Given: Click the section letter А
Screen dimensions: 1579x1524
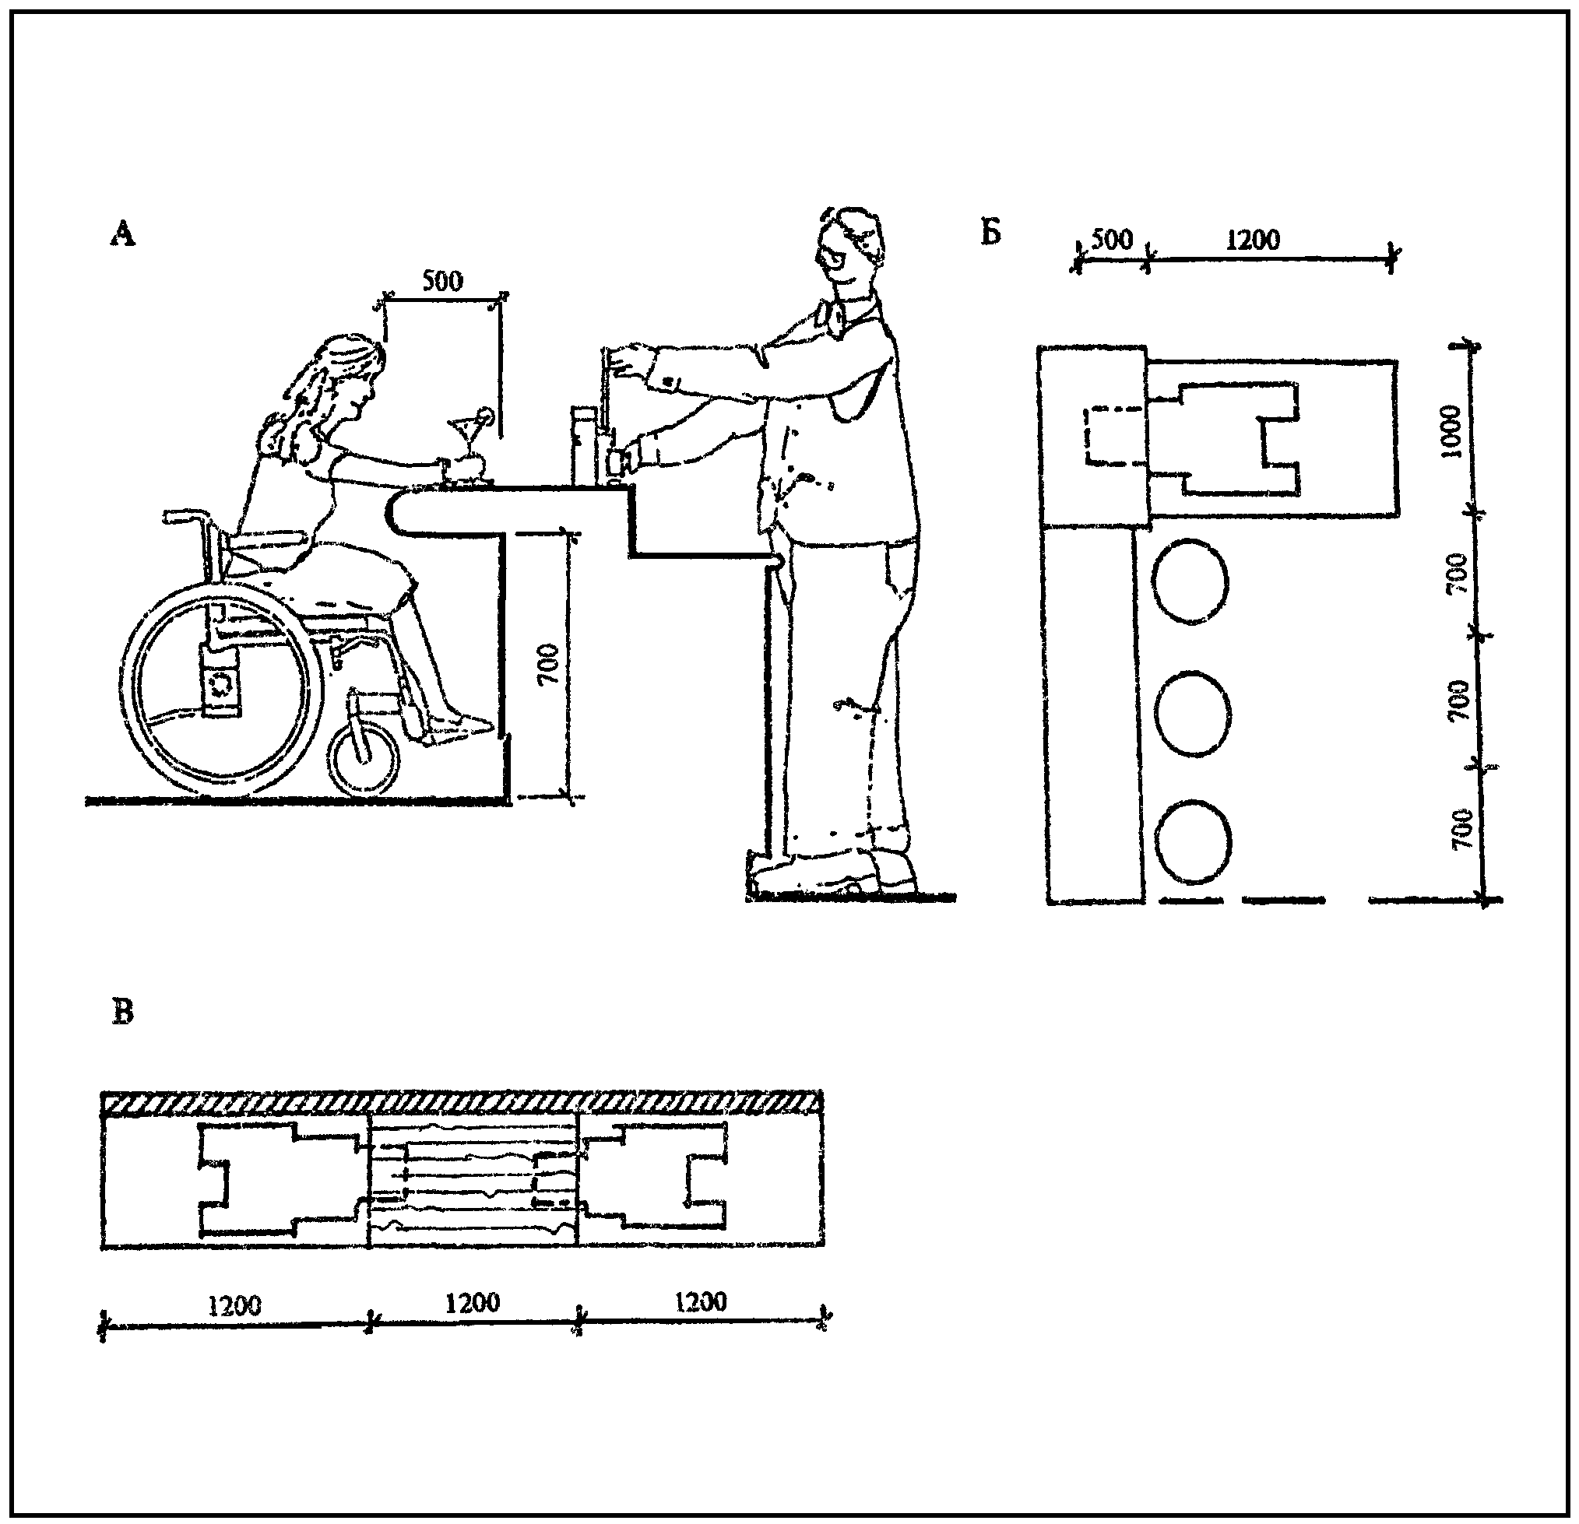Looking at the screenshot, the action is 123,233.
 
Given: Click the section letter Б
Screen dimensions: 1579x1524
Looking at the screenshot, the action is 990,232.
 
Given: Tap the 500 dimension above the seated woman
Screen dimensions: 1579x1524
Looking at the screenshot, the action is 442,281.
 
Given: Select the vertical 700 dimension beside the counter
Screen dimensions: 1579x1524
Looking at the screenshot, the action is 548,664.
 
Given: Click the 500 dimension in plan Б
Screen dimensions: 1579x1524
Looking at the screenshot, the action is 1112,239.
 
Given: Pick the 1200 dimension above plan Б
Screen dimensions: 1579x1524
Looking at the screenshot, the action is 1253,239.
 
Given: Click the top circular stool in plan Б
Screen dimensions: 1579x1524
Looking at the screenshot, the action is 1190,581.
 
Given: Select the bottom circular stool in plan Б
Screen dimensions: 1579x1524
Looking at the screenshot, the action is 1193,842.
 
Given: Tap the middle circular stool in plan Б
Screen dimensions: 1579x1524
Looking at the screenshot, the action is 1193,712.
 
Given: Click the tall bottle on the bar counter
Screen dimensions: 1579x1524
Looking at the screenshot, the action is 583,446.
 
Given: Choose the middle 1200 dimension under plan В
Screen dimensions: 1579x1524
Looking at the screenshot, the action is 473,1301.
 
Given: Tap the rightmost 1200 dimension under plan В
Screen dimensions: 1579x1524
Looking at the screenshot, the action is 701,1301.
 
